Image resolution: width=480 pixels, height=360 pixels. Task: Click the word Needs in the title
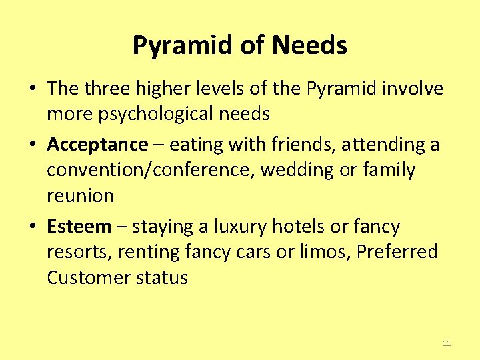click(309, 45)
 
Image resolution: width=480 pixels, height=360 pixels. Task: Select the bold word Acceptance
click(97, 144)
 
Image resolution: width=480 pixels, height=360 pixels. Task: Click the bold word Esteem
click(79, 227)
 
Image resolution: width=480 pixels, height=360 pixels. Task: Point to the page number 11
click(447, 343)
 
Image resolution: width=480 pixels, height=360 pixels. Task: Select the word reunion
click(80, 196)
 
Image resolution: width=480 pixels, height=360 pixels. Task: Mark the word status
click(163, 277)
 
